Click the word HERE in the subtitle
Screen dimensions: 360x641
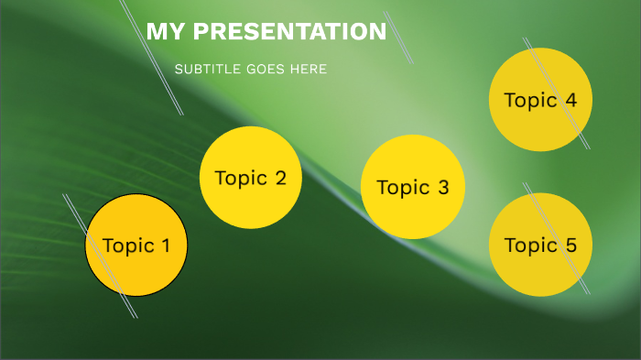point(309,70)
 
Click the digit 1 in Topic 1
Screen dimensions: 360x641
point(165,245)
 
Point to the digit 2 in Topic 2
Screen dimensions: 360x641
point(280,178)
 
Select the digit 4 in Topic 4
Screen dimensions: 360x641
point(570,100)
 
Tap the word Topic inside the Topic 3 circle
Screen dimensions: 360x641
point(402,188)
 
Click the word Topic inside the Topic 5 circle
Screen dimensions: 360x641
point(530,245)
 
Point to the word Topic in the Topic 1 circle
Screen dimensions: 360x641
point(128,245)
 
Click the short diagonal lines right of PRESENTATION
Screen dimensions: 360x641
point(400,41)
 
